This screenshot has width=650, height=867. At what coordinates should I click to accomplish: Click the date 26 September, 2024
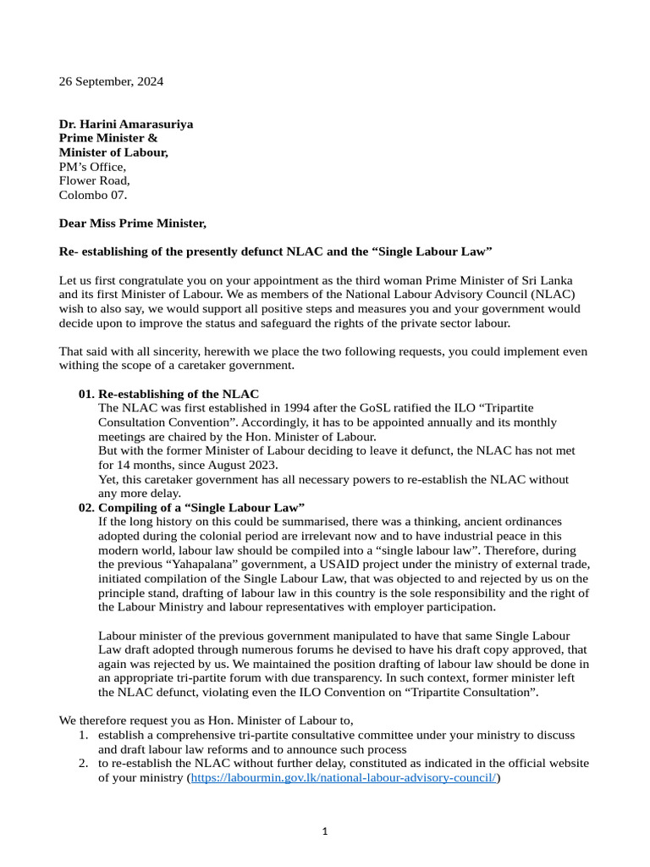pos(111,82)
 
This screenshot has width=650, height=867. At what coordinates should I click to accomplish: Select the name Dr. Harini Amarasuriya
pos(125,124)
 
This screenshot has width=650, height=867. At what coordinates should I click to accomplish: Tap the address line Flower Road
pos(94,180)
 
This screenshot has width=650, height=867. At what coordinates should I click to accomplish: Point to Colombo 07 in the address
pos(92,195)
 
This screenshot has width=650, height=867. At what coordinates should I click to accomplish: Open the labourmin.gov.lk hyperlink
pos(344,777)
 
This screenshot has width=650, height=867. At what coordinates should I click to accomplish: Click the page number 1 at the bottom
pos(325,832)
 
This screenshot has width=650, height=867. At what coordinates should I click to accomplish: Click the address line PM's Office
pos(92,167)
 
